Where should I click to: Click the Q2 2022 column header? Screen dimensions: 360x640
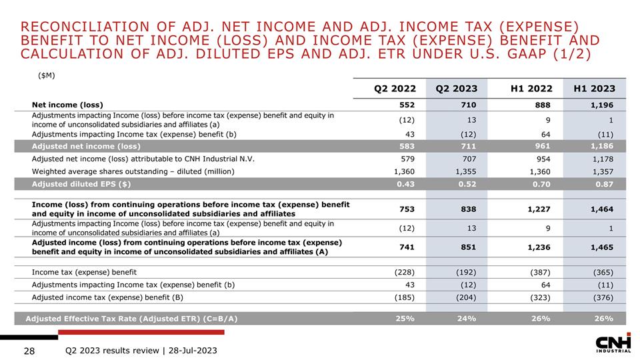[395, 89]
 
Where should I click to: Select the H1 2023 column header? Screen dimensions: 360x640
[589, 89]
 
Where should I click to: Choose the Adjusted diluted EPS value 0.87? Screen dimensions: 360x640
[602, 184]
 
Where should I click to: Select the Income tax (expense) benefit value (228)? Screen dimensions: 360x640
[402, 272]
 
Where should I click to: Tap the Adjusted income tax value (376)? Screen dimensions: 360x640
[600, 297]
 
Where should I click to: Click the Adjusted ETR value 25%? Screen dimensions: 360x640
[404, 318]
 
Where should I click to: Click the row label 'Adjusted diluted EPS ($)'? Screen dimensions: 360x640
[81, 184]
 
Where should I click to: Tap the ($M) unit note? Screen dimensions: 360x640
[45, 75]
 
